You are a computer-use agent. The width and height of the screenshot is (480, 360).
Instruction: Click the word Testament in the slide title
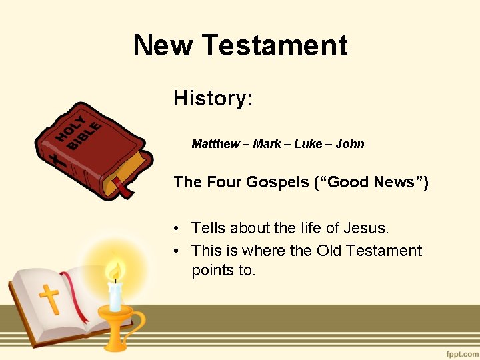(275, 45)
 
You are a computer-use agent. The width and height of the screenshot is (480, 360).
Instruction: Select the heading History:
(213, 99)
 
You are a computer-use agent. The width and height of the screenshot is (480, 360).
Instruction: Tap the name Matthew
(215, 144)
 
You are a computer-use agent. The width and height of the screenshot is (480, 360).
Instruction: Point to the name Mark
(267, 144)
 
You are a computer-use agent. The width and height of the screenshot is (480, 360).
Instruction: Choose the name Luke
(308, 144)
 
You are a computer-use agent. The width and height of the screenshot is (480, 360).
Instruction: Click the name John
(350, 144)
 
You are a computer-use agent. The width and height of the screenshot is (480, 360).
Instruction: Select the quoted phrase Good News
(370, 182)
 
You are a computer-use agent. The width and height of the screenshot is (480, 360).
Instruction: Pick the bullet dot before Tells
(177, 229)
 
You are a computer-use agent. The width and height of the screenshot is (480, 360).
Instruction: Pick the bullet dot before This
(177, 251)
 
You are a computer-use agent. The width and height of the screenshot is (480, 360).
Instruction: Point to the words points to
(223, 271)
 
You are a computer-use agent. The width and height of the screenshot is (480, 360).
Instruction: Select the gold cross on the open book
(49, 299)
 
